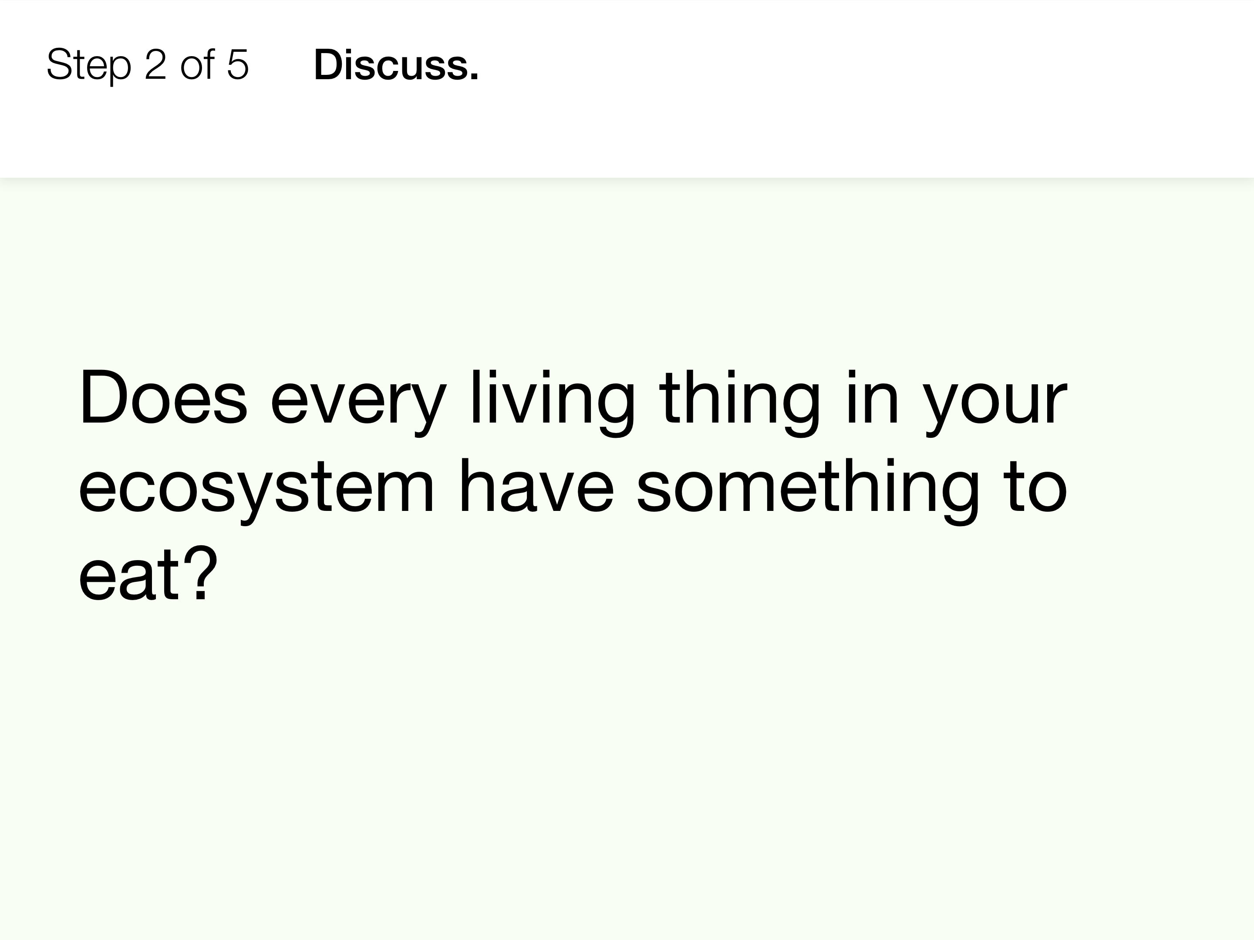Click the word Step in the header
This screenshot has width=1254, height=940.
[88, 66]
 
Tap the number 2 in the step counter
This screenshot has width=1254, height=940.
[156, 64]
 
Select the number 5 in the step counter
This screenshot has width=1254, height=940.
[238, 64]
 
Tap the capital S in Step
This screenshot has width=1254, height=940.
[59, 64]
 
